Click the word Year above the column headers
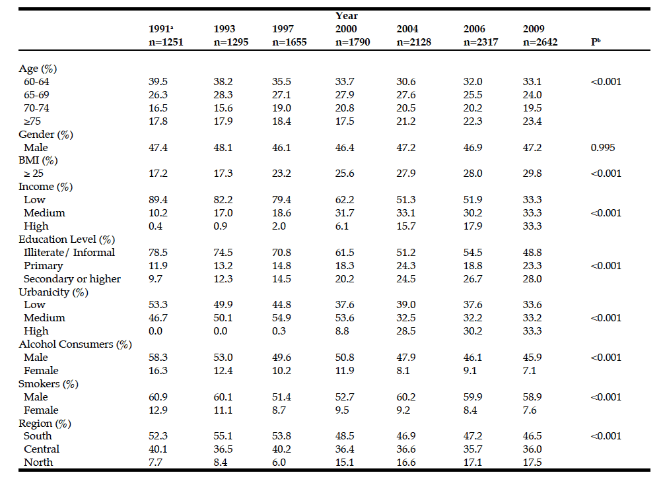[347, 15]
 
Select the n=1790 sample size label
[353, 42]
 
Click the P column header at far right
[595, 42]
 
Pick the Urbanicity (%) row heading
[53, 292]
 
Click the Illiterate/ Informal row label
[69, 252]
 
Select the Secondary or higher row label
[72, 278]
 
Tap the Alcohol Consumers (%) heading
[75, 344]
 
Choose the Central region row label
[41, 449]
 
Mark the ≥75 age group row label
[34, 121]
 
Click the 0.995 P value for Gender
[602, 147]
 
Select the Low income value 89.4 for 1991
[158, 199]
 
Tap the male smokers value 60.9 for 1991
[158, 397]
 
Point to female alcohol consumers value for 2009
[530, 370]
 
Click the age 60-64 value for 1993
[223, 82]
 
